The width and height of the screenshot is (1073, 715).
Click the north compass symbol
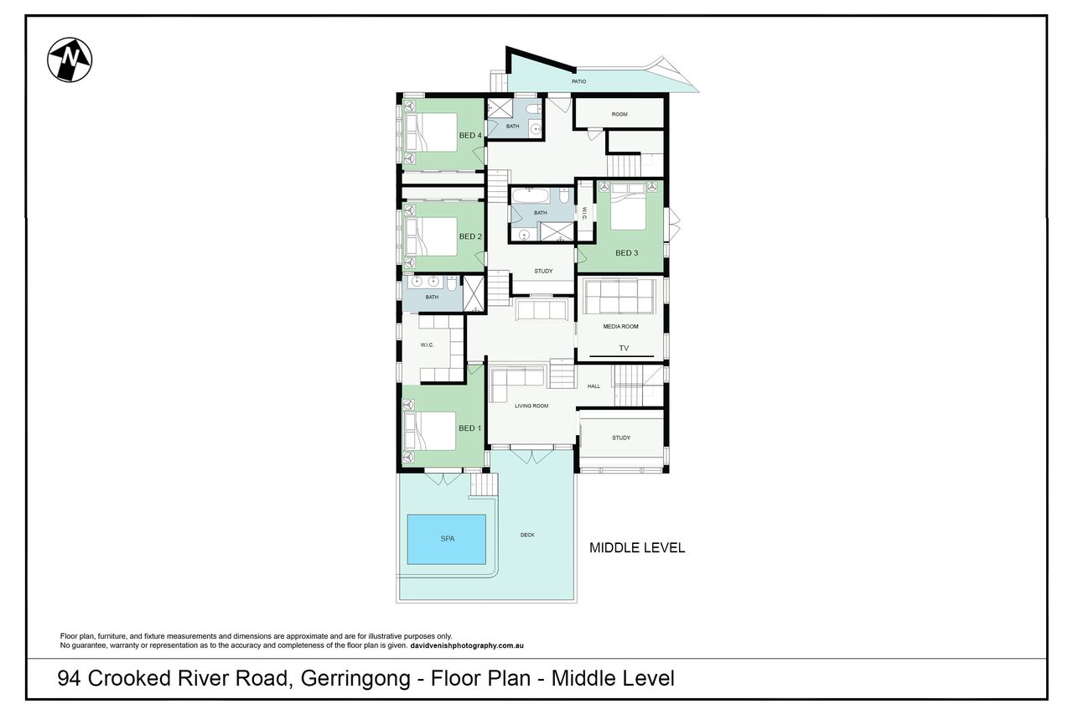tap(70, 60)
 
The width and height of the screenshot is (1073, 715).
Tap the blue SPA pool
tap(447, 539)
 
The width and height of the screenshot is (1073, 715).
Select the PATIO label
tap(578, 81)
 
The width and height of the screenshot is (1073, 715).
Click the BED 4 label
tap(470, 136)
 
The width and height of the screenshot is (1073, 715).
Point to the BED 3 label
tap(626, 253)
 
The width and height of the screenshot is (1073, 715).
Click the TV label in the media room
tap(624, 348)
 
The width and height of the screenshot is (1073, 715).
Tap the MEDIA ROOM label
tap(620, 327)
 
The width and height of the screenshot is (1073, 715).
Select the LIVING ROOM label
tap(531, 406)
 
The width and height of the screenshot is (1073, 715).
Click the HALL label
tap(594, 386)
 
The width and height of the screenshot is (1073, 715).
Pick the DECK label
tap(527, 535)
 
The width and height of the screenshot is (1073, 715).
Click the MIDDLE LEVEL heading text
tap(636, 548)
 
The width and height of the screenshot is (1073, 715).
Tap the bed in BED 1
tap(430, 431)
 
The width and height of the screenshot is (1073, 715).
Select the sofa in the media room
tap(619, 297)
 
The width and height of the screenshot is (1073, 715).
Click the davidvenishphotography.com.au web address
tap(467, 645)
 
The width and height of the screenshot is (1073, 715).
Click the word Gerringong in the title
tap(355, 679)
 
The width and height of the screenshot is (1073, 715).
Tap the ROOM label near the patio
tap(619, 115)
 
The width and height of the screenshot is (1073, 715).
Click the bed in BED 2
tap(431, 236)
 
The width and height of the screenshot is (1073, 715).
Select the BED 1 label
tap(470, 428)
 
